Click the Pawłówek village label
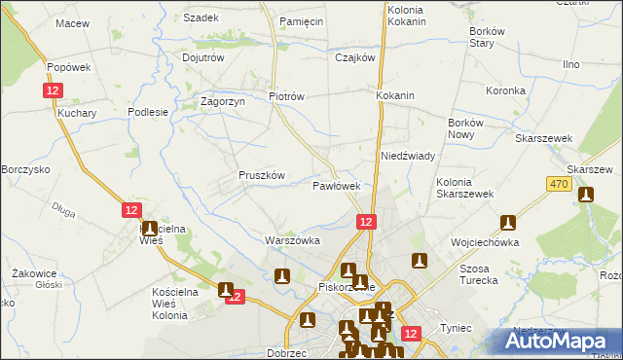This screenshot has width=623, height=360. tap(337, 185)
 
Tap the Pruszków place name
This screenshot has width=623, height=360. tap(261, 175)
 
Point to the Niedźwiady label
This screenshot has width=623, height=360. tap(407, 156)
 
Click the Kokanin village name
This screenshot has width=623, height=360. tap(395, 96)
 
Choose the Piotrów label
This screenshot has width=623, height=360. tap(287, 96)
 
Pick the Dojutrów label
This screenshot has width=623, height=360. tap(203, 57)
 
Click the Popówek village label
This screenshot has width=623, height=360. tap(68, 67)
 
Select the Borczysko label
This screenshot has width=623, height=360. tap(25, 169)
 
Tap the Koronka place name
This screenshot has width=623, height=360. tap(505, 90)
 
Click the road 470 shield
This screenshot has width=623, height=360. tap(558, 184)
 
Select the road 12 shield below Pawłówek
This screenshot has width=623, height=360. tap(365, 223)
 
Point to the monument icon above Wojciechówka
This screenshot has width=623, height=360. tap(507, 224)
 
